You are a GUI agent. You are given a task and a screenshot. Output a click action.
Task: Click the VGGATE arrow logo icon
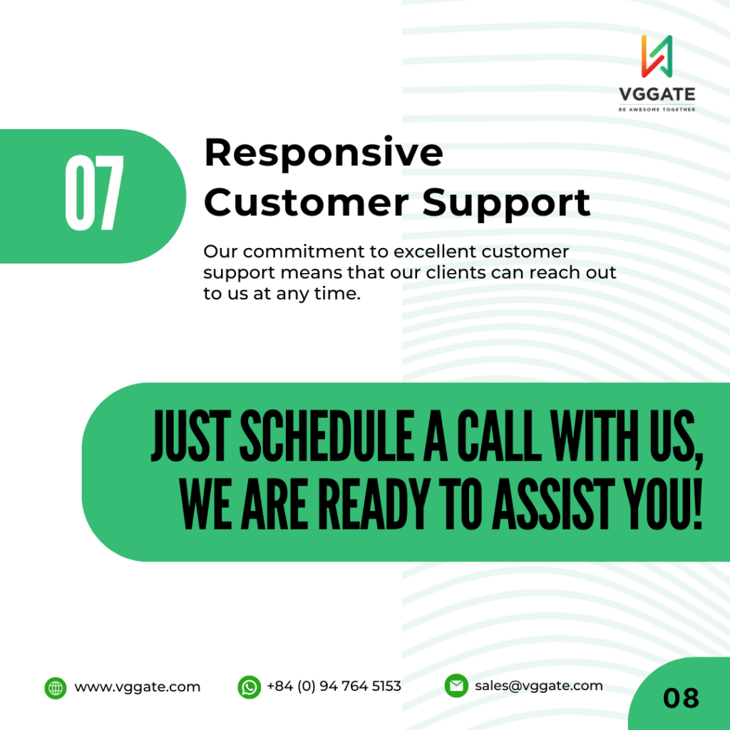[657, 56]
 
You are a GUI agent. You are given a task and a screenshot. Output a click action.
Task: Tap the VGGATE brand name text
[657, 95]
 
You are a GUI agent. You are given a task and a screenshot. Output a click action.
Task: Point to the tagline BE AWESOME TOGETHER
[657, 109]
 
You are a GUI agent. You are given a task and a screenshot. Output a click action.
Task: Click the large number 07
[95, 192]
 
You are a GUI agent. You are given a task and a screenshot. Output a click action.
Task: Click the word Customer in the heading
[307, 202]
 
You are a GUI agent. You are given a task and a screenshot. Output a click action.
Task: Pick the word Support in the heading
[507, 205]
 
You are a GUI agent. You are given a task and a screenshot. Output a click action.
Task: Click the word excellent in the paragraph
[436, 252]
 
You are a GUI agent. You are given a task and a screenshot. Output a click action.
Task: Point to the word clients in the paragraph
[456, 272]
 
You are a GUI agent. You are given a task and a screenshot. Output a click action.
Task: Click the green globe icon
[56, 688]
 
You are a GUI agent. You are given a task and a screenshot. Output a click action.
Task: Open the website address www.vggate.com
[138, 687]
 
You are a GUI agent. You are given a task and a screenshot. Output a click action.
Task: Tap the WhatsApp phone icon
[249, 687]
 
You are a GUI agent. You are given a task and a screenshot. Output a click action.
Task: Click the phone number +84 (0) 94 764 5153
[334, 687]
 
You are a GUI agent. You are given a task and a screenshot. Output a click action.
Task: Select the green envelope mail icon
[456, 686]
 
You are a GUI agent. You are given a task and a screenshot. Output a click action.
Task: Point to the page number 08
[681, 699]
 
